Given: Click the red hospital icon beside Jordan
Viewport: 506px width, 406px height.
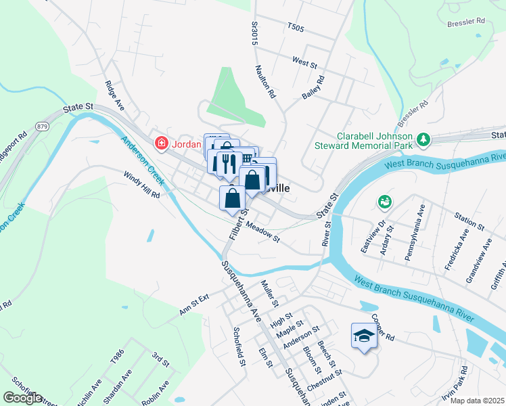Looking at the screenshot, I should coord(161,143).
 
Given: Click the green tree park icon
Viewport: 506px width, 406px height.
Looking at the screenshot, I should coord(423,139).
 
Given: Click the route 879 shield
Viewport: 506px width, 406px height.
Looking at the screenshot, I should coord(43,126).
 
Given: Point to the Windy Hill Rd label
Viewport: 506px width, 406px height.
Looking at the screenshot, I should coord(141,184).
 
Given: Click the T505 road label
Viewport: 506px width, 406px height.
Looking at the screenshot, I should coord(296,28).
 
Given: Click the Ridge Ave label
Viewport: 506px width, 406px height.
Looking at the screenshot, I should coord(114,95).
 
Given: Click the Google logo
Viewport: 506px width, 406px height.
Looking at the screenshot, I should coord(22,398).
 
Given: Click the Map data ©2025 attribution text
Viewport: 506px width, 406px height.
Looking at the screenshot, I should coord(477,401).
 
